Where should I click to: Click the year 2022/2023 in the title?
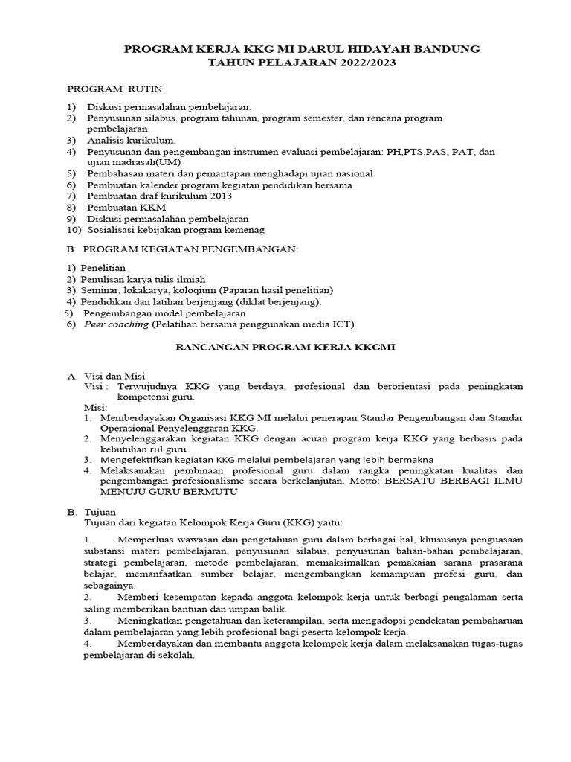[366, 63]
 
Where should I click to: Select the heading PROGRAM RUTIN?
[114, 89]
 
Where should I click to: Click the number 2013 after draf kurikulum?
[216, 196]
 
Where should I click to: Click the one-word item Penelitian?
[103, 268]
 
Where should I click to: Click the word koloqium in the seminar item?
[196, 290]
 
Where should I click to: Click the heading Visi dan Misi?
[113, 376]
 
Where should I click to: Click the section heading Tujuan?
[97, 512]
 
